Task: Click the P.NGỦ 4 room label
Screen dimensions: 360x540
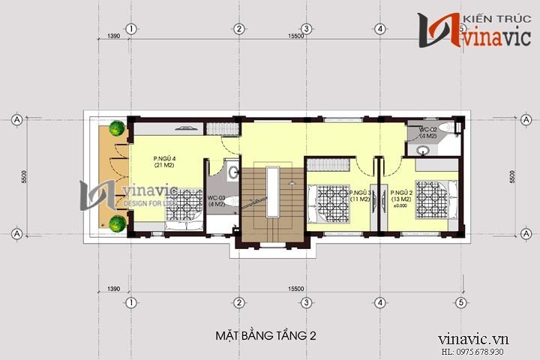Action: (x=164, y=162)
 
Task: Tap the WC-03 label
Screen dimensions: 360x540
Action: (x=217, y=199)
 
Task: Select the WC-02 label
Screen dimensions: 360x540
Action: (x=427, y=133)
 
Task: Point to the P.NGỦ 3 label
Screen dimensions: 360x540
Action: (x=358, y=195)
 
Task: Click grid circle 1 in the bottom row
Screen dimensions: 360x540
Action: (x=130, y=303)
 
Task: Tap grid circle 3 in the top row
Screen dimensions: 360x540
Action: (x=306, y=28)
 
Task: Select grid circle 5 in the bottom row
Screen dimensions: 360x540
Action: (x=460, y=303)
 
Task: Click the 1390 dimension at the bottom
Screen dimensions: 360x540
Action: (x=114, y=289)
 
